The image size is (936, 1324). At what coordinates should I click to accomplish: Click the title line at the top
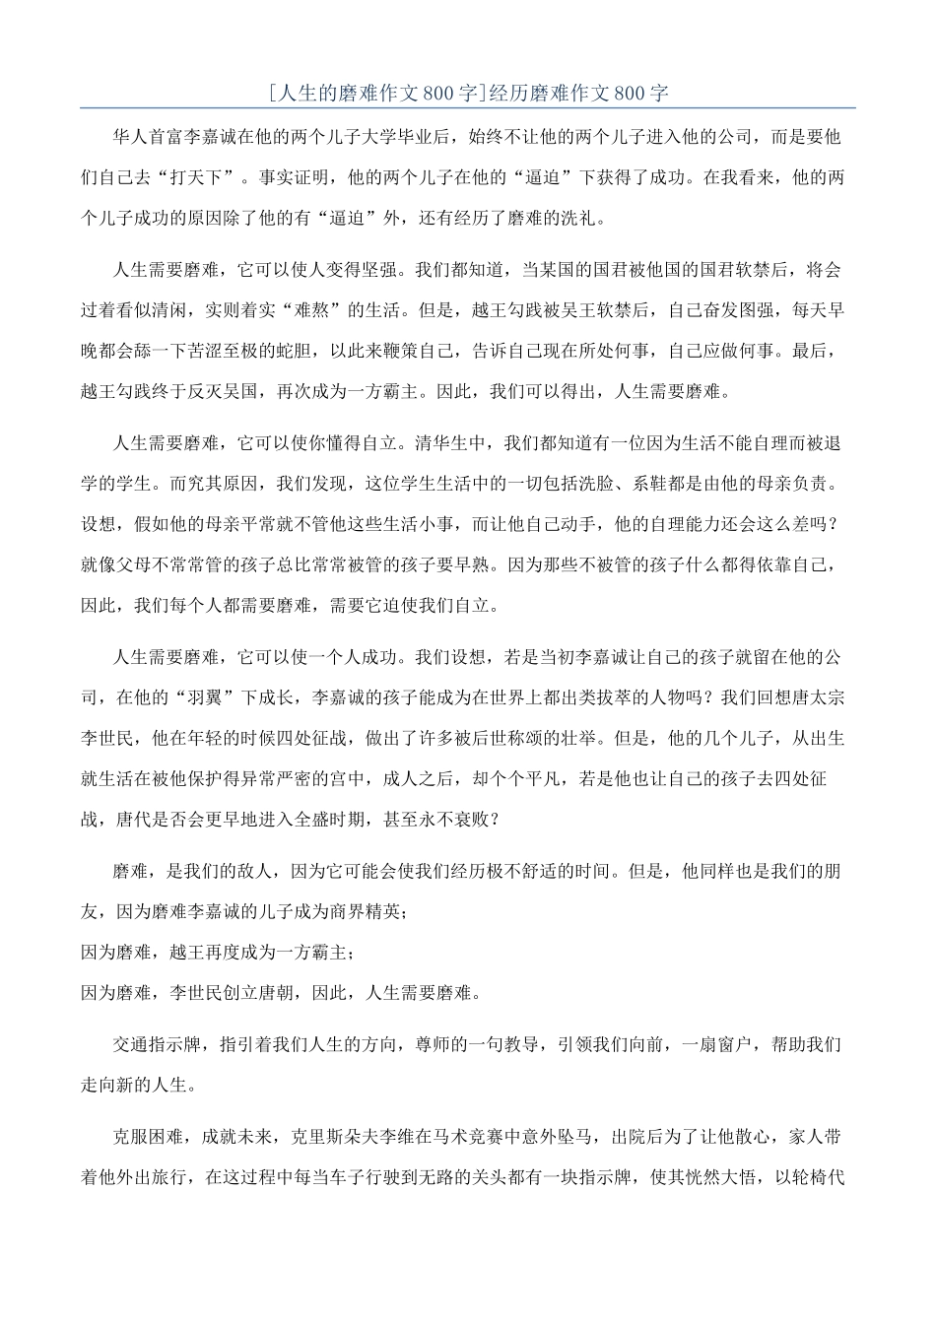point(468,94)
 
